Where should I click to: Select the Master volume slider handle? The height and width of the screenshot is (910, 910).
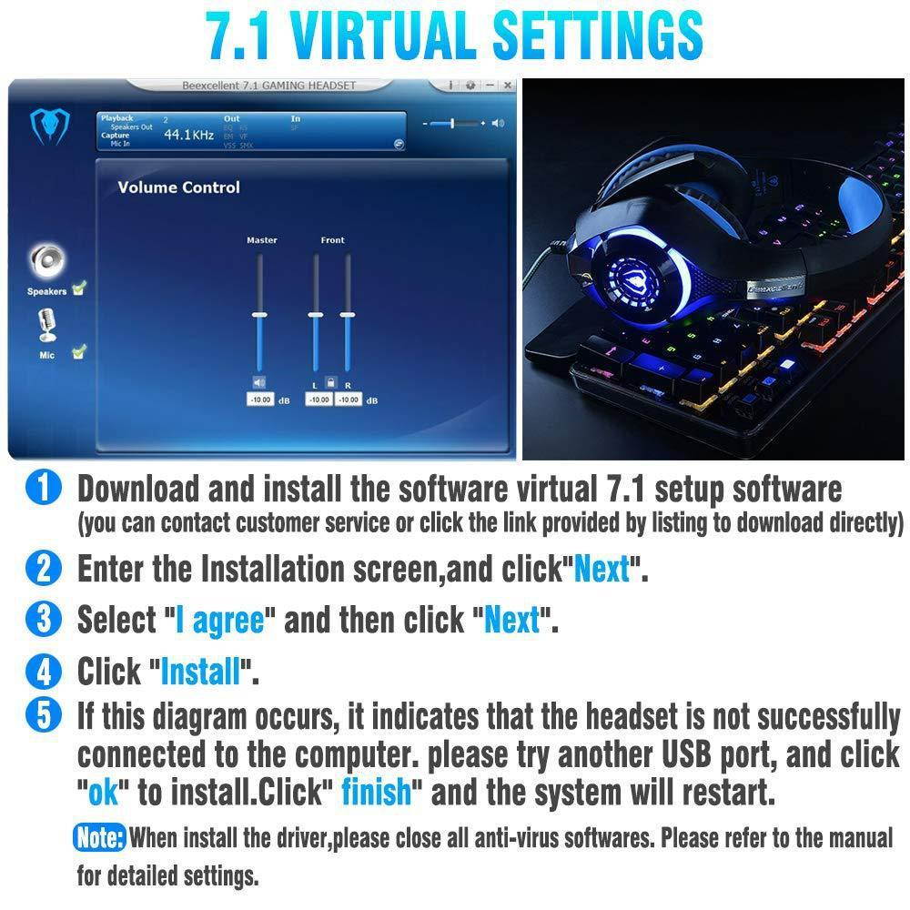point(259,314)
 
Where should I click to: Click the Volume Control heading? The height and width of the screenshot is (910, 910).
point(178,187)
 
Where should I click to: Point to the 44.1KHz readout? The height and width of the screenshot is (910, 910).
point(188,135)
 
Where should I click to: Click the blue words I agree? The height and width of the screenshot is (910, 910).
point(219,621)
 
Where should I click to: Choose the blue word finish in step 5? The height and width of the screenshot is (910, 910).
point(376,792)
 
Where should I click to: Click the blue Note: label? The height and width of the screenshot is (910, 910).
point(99,837)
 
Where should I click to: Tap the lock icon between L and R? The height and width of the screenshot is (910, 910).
point(331,383)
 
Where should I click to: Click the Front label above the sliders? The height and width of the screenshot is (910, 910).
point(333,240)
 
